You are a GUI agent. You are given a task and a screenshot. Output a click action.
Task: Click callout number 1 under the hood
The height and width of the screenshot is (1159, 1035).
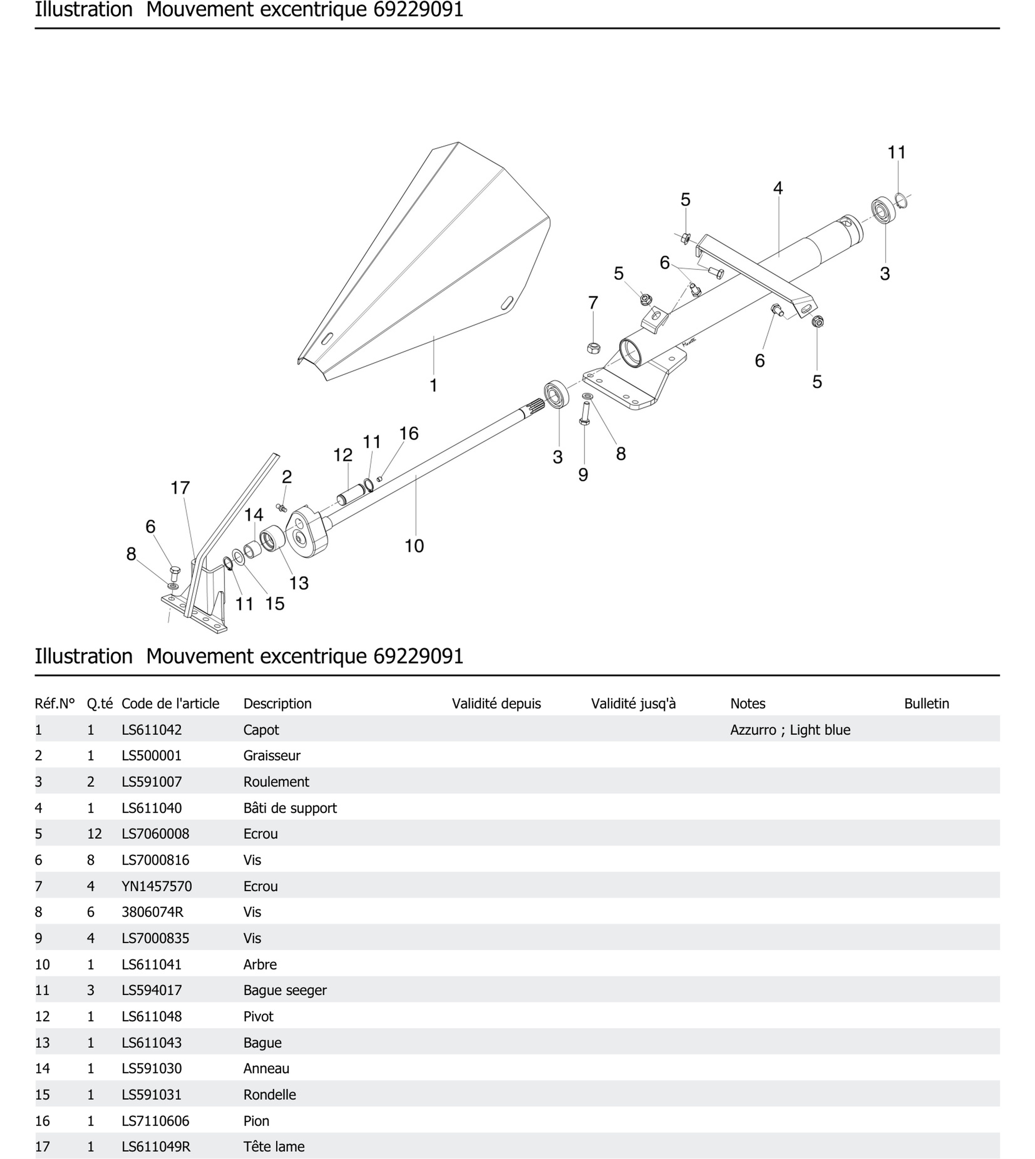(433, 385)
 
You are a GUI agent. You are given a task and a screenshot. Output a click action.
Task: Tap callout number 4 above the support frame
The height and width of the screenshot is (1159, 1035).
(778, 188)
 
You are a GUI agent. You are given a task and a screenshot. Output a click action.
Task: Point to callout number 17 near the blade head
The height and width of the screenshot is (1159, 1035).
(180, 488)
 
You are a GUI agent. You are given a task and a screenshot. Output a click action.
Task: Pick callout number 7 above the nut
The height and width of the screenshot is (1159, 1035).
(593, 303)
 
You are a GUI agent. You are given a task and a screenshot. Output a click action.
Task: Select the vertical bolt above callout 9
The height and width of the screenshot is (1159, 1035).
(584, 413)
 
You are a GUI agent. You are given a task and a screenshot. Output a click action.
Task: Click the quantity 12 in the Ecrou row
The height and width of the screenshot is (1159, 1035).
(95, 834)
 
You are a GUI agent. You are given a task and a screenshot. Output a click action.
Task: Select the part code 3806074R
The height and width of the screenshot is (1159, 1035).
(152, 912)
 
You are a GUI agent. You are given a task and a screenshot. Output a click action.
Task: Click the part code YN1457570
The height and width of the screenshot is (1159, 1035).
(157, 886)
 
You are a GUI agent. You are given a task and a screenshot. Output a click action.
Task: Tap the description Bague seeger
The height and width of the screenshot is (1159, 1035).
(285, 990)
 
